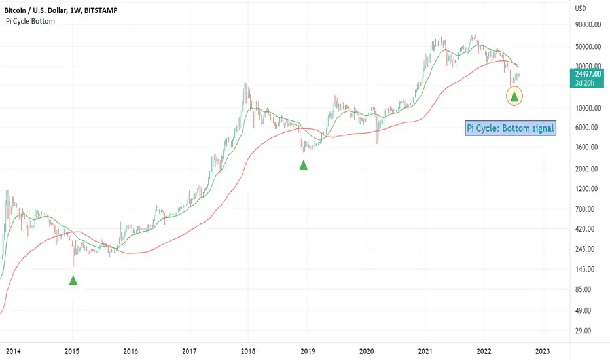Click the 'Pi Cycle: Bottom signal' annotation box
point(511,128)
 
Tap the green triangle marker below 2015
point(73,281)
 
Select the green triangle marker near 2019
point(304,165)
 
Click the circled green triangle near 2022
point(514,97)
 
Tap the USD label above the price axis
point(581,9)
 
